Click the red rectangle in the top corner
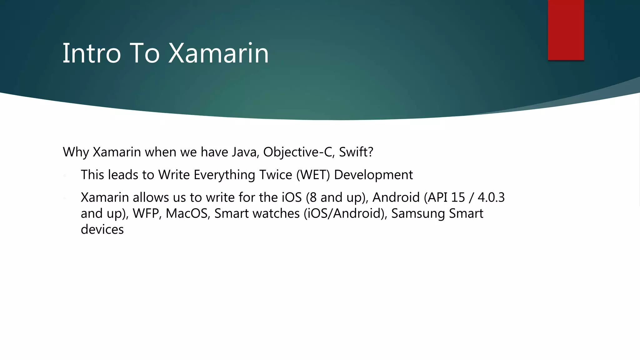click(566, 30)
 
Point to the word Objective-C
click(299, 152)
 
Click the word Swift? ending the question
click(356, 152)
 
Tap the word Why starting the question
click(76, 152)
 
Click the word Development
click(373, 175)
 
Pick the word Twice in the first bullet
click(276, 175)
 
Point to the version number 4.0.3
click(491, 197)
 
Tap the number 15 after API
click(458, 197)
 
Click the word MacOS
click(187, 213)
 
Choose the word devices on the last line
click(102, 230)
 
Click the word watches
click(276, 213)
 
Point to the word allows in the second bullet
click(151, 197)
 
